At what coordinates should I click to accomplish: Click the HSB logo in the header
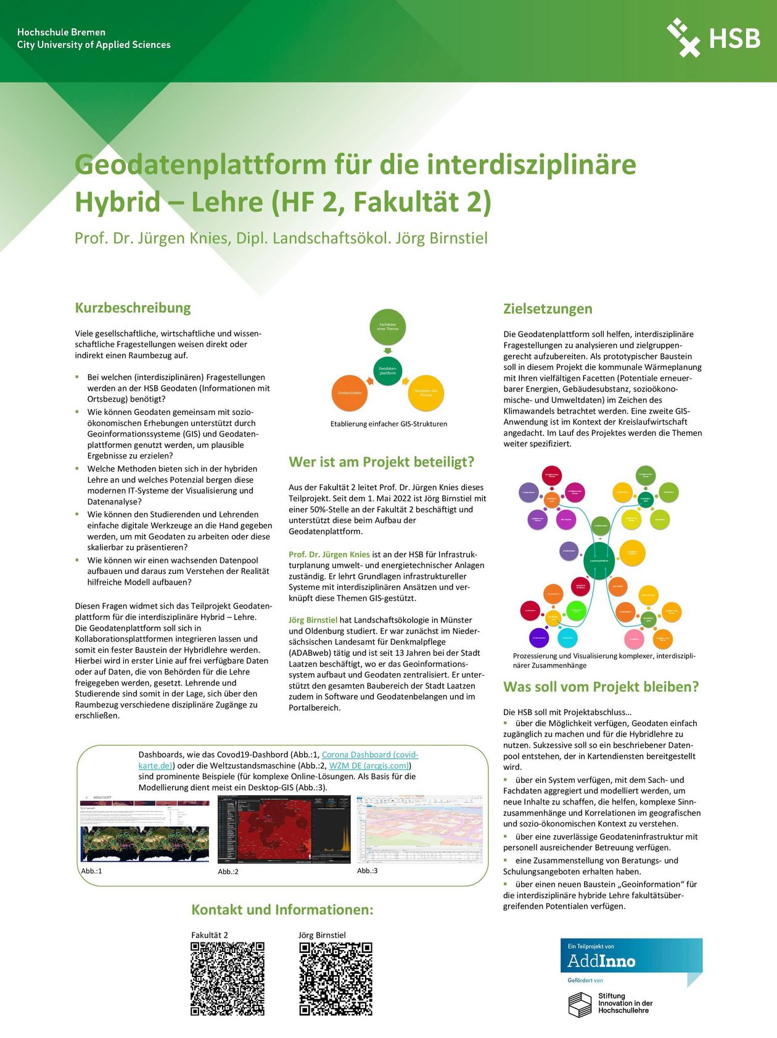coord(713,38)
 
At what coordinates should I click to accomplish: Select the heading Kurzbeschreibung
coord(133,308)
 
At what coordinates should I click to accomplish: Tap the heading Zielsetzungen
coord(547,309)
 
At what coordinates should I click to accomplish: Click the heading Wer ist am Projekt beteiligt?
coord(381,462)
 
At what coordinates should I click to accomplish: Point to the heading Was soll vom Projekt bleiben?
coord(601,687)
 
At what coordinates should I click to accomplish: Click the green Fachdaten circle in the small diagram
coord(388,327)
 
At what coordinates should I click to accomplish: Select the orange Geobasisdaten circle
coord(350,393)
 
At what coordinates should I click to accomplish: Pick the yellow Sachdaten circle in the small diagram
coord(425,393)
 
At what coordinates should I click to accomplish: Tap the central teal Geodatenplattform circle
coord(388,370)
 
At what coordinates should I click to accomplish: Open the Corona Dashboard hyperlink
coord(369,754)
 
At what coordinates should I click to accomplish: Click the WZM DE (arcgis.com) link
coord(369,766)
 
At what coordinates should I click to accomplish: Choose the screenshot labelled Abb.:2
coord(284,829)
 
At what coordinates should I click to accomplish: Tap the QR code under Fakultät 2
coord(228,979)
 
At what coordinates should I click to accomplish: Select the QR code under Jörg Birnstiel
coord(336,979)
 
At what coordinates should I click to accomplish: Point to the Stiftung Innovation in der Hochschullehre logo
coord(610,1003)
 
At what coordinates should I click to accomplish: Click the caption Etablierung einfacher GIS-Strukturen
coord(388,424)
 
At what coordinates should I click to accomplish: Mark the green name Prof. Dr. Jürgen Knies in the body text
coord(329,554)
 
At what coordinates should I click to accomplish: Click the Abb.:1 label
coord(91,871)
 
